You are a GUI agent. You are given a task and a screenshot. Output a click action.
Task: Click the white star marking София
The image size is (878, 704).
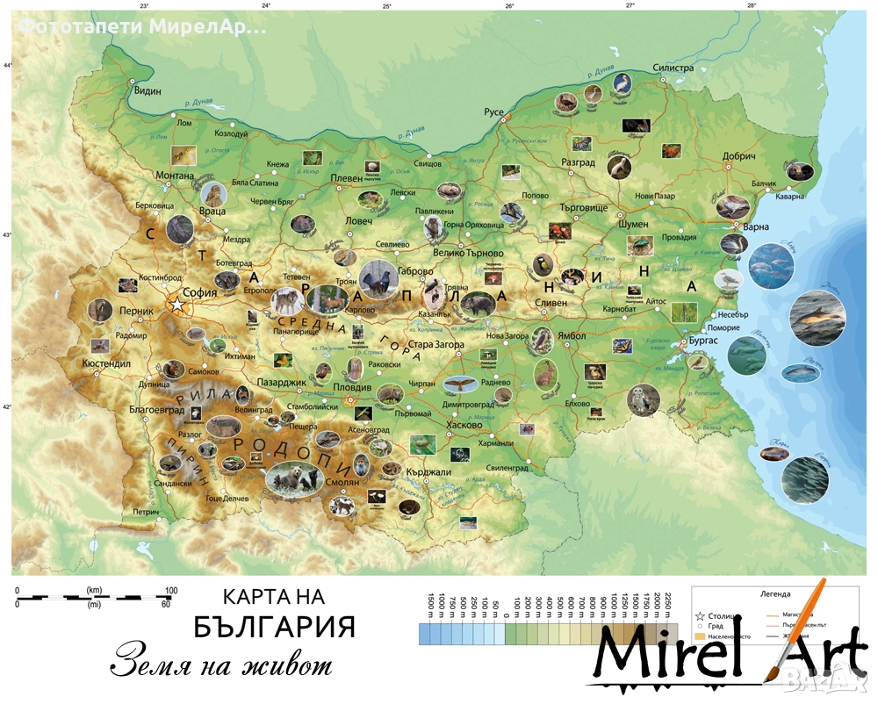[x=178, y=304]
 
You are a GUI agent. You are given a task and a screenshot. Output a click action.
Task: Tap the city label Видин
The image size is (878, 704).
[x=148, y=90]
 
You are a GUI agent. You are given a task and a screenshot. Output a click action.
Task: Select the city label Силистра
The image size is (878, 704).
[x=673, y=68]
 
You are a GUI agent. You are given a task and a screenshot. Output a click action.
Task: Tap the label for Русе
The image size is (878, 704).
[x=494, y=112]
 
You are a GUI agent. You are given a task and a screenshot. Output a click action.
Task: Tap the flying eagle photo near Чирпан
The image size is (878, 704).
[x=458, y=384]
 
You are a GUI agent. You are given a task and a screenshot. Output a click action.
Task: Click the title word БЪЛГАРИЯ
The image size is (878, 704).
[x=274, y=627]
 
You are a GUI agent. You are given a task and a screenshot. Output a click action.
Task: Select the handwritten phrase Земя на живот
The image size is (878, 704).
[x=221, y=662]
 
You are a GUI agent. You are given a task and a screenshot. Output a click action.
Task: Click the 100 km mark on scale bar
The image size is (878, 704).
[x=170, y=590]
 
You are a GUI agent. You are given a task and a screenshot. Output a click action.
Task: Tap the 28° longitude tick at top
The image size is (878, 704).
[x=752, y=5]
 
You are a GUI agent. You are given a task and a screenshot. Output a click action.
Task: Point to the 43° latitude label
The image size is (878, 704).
[x=7, y=235]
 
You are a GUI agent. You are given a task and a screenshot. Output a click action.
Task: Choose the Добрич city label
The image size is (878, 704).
[x=738, y=156]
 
